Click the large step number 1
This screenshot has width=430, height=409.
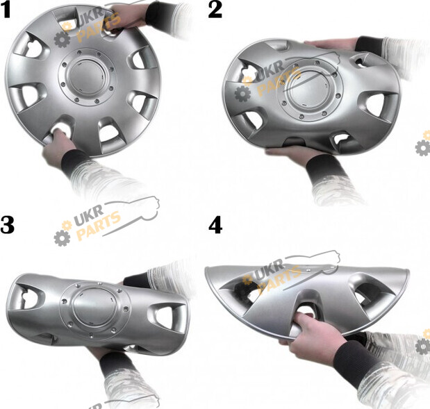6,10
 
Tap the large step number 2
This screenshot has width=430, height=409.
215,10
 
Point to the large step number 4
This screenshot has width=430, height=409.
215,226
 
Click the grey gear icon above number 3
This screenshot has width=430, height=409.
62,237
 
